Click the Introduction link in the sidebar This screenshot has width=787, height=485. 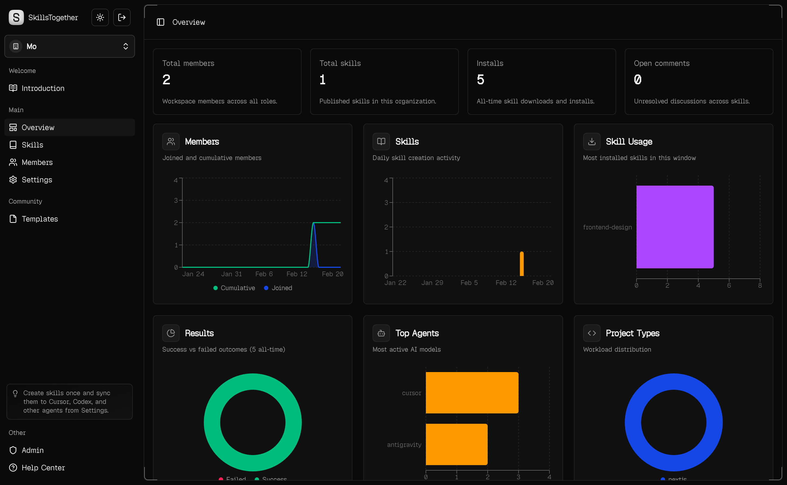43,88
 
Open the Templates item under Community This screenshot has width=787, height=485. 39,219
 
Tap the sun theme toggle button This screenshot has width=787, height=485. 100,17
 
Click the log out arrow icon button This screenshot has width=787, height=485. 122,17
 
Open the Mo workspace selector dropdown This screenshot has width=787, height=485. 70,46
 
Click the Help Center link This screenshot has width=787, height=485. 43,468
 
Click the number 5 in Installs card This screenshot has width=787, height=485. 480,79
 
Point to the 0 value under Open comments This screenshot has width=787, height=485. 638,79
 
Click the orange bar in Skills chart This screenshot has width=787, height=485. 522,264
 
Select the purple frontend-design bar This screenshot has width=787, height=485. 675,227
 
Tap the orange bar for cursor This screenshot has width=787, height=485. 472,393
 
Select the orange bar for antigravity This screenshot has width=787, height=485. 456,444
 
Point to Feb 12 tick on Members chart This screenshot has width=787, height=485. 297,274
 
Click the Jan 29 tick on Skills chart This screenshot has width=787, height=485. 432,283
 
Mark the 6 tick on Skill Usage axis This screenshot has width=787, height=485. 729,285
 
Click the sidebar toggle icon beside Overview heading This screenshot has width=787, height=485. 160,22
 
